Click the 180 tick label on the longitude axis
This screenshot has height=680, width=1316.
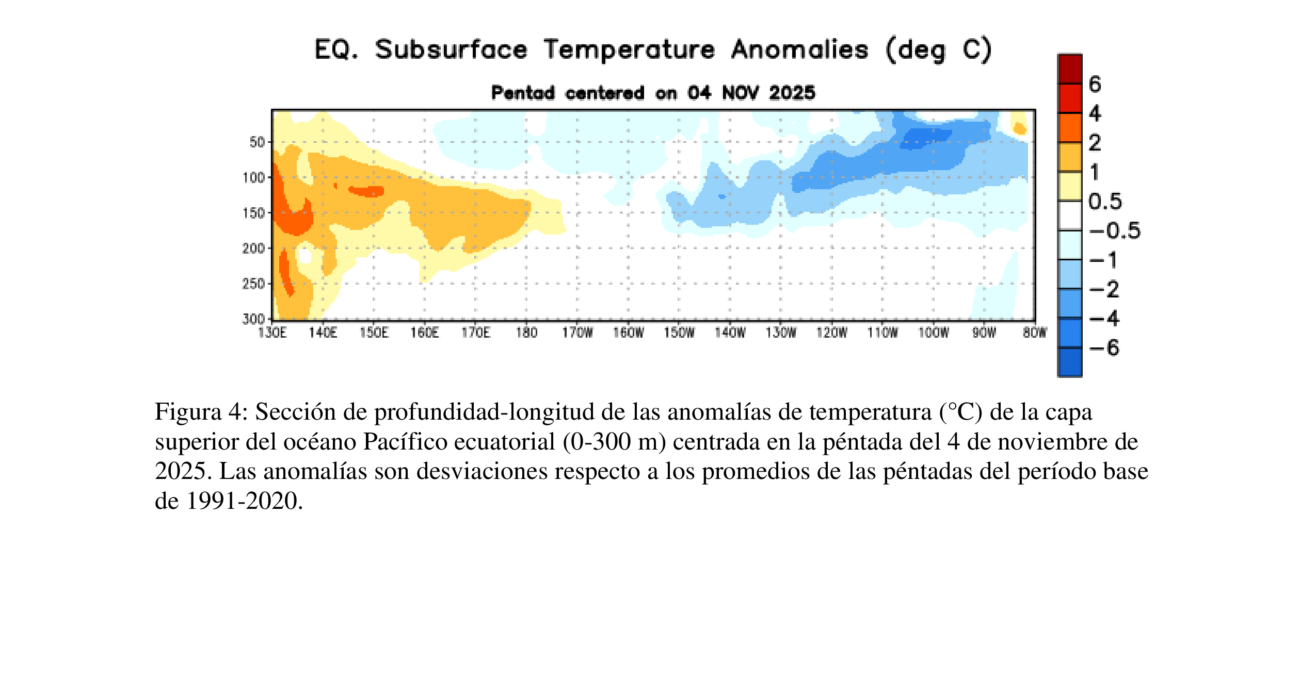point(526,333)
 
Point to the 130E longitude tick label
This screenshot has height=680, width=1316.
point(272,333)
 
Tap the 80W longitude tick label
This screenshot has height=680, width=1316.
point(1035,333)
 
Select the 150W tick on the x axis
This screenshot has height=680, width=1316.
point(679,333)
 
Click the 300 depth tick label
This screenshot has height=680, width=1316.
point(253,319)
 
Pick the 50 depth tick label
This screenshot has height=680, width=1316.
point(257,142)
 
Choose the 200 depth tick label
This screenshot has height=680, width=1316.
point(253,248)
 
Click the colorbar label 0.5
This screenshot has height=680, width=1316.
point(1105,201)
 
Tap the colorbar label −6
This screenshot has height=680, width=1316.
point(1104,347)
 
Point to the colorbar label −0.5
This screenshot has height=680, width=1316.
point(1115,230)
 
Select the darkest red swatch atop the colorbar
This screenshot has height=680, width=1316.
point(1070,69)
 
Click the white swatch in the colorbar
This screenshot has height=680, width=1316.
point(1070,215)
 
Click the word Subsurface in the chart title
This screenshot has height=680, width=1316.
point(451,49)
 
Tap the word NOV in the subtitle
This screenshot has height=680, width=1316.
point(740,93)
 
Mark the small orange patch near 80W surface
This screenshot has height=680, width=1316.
point(1019,128)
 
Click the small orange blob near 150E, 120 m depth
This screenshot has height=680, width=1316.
point(366,191)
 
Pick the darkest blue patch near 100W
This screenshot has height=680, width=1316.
point(924,138)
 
